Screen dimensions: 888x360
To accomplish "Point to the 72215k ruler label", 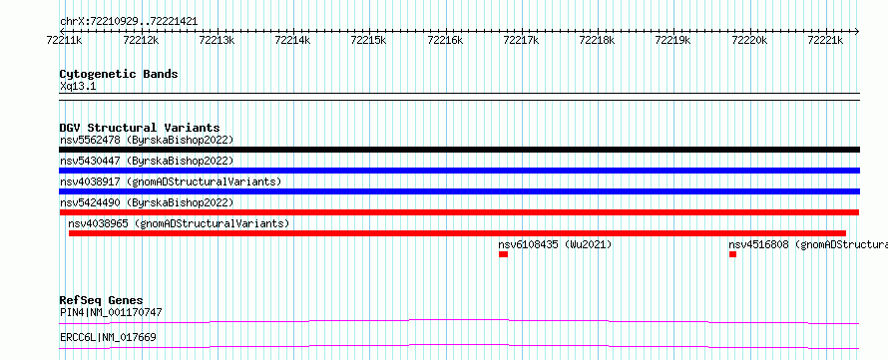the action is [369, 40].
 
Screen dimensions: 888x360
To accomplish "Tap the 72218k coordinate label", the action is [597, 40].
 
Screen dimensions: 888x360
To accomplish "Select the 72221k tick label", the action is [825, 40].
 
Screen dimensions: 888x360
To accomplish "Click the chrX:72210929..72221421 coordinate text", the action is [129, 22].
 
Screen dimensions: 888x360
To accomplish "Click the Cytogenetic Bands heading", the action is [119, 74].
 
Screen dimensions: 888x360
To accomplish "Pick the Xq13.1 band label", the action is [78, 87].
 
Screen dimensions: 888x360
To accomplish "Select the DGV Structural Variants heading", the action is [140, 128].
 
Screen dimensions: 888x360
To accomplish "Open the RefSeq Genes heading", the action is [102, 300].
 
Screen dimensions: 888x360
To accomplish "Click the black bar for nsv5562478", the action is [459, 150].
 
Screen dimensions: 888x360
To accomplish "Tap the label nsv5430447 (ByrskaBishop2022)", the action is [147, 161].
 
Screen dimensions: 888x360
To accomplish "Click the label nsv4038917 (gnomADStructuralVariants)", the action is [171, 181].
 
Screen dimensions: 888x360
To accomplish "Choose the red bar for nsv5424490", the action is [459, 212].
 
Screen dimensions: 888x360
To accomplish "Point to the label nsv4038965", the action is [99, 223].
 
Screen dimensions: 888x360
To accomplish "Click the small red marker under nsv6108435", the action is [504, 254].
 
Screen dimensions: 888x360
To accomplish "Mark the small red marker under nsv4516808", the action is [732, 254].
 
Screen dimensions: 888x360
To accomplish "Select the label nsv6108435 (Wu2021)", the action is [555, 244].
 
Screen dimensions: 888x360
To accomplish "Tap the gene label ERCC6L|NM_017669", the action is [108, 338].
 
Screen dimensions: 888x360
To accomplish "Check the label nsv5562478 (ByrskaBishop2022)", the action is [147, 140].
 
